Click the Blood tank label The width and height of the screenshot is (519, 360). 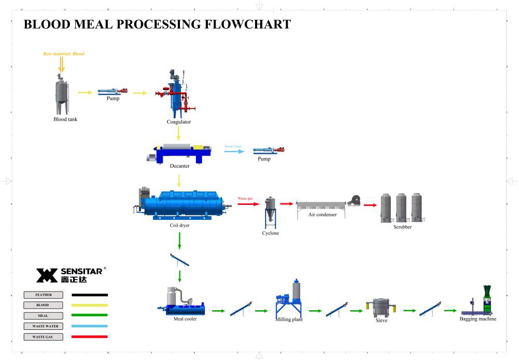click(65, 119)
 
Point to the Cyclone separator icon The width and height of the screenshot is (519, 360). click(270, 212)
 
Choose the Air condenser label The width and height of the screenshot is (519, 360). click(322, 214)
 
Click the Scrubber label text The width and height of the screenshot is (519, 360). click(402, 227)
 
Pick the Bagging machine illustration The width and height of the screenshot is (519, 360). click(479, 303)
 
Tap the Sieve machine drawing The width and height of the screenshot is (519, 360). click(381, 308)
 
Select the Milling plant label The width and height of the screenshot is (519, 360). click(289, 320)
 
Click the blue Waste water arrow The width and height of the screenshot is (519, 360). click(233, 151)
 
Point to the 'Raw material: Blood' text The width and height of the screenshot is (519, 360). click(64, 54)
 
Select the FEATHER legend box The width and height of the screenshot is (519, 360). click(44, 295)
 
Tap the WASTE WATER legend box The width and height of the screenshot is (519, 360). click(44, 326)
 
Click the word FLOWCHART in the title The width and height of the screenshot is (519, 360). click(248, 24)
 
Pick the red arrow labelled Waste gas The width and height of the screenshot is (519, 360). click(248, 204)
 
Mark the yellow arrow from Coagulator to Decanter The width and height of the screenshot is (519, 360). click(178, 134)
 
